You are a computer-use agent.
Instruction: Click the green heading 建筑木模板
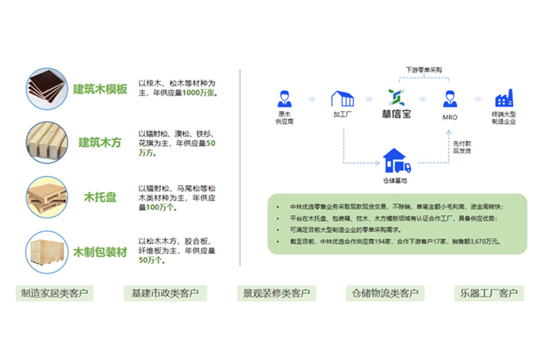pos(100,89)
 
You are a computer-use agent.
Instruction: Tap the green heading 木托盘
pos(100,197)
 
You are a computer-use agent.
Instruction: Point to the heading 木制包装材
pos(100,251)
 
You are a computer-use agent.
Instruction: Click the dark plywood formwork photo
pos(46,89)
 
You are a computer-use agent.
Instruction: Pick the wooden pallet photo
pos(47,196)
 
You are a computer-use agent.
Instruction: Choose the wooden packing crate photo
pos(47,251)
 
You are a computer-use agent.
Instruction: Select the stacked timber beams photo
pos(47,143)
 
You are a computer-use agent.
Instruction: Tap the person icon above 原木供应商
pos(285,98)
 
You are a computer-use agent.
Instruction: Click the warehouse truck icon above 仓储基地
pos(395,162)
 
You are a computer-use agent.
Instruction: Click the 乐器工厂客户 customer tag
pos(489,293)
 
